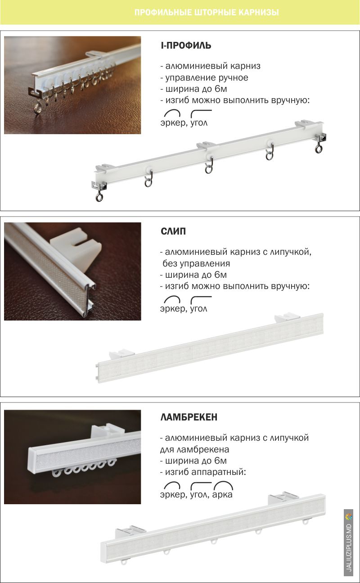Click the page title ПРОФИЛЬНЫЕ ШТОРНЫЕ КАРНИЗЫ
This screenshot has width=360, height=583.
pos(207,12)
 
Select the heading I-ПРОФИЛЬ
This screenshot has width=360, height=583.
pos(186,45)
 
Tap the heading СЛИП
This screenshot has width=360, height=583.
pos(173,231)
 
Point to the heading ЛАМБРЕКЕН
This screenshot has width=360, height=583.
pos(189,417)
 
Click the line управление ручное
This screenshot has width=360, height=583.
pos(204,77)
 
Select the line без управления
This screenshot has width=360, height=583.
pos(196,263)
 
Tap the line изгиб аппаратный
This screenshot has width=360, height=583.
pos(203,472)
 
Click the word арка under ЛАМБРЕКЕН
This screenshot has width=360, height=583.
pos(222,494)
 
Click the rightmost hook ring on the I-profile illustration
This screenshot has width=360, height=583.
pos(319,148)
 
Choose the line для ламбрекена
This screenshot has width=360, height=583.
pos(194,449)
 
